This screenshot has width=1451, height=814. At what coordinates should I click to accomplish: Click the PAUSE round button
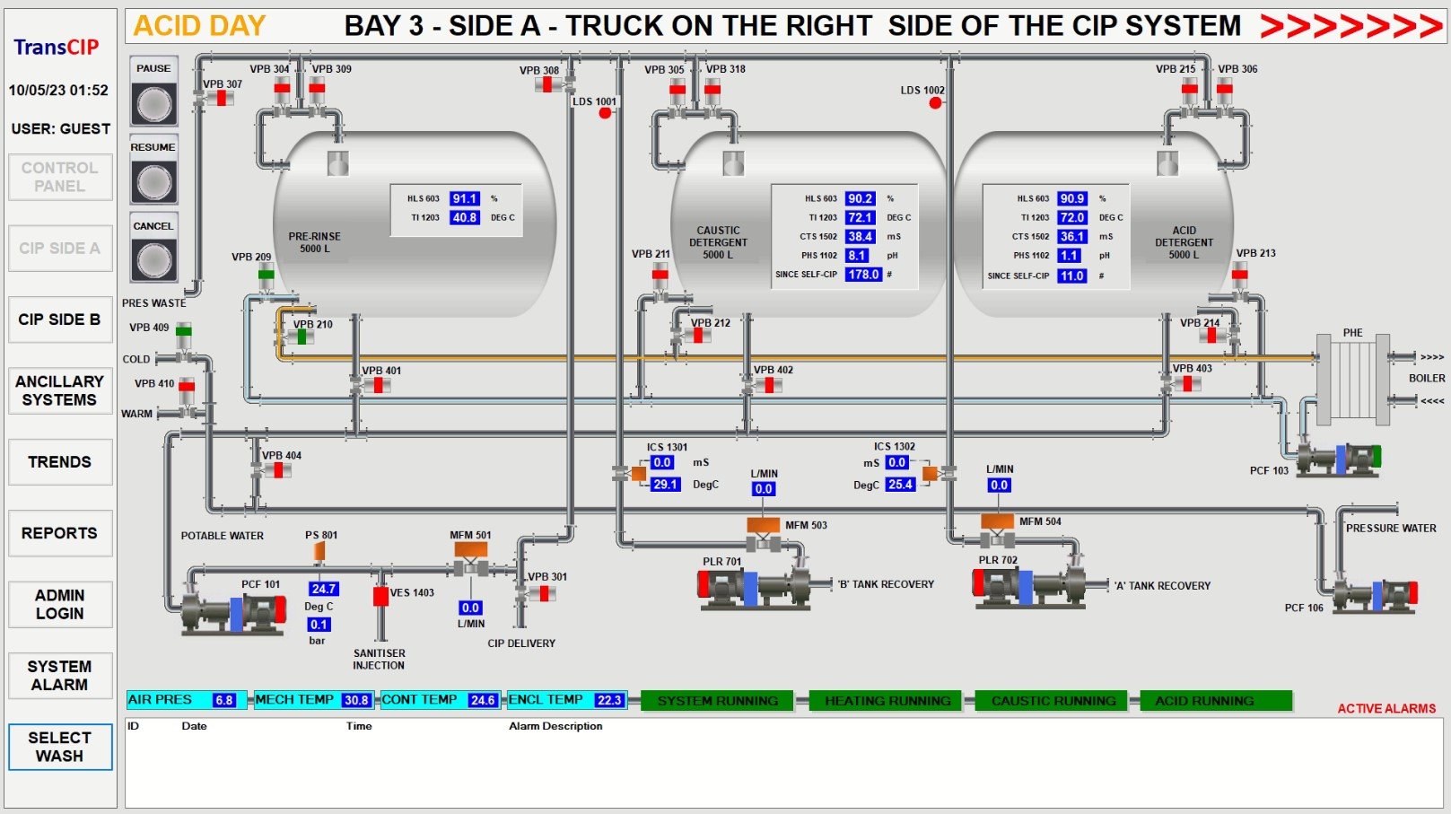point(153,104)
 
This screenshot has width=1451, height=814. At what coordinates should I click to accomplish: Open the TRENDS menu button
point(60,462)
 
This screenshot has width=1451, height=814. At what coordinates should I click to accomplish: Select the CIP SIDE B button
point(60,319)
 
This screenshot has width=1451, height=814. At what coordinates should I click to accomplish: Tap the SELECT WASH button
point(60,747)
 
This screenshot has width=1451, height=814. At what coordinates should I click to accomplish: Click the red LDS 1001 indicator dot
point(605,113)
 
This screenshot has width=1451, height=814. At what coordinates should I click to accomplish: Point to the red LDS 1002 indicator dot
point(935,102)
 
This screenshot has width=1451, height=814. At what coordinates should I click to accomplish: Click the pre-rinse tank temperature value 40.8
point(465,218)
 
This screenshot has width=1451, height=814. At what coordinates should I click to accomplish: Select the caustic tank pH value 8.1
point(856,256)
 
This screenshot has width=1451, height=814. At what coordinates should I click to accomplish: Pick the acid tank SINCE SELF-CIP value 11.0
point(1071,276)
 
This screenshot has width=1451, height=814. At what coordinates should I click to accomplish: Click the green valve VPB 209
point(267,275)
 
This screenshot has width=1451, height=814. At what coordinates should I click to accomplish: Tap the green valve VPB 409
point(184,332)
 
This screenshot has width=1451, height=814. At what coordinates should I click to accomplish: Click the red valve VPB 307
point(222,98)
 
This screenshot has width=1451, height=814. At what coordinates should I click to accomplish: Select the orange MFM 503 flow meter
point(764,524)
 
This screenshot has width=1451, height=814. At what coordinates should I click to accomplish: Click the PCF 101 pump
point(233,612)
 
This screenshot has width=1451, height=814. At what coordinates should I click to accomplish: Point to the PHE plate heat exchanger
point(1352,380)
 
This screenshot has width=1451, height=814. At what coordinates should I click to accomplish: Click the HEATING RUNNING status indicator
point(887,701)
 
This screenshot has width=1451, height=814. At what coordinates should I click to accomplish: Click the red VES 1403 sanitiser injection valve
point(380,597)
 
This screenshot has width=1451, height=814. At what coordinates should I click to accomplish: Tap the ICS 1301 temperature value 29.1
point(665,484)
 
